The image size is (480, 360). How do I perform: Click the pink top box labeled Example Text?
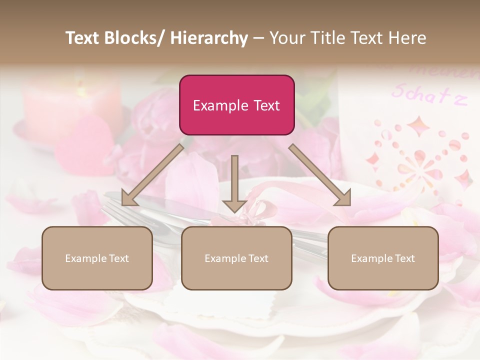pos(236,105)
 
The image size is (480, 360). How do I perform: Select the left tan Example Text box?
pos(97,258)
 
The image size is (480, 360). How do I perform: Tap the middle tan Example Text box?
pos(236,258)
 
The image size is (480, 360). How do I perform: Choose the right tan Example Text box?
pos(383,258)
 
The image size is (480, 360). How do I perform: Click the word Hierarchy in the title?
pos(209,38)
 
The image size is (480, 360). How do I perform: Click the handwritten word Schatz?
pos(429,94)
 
